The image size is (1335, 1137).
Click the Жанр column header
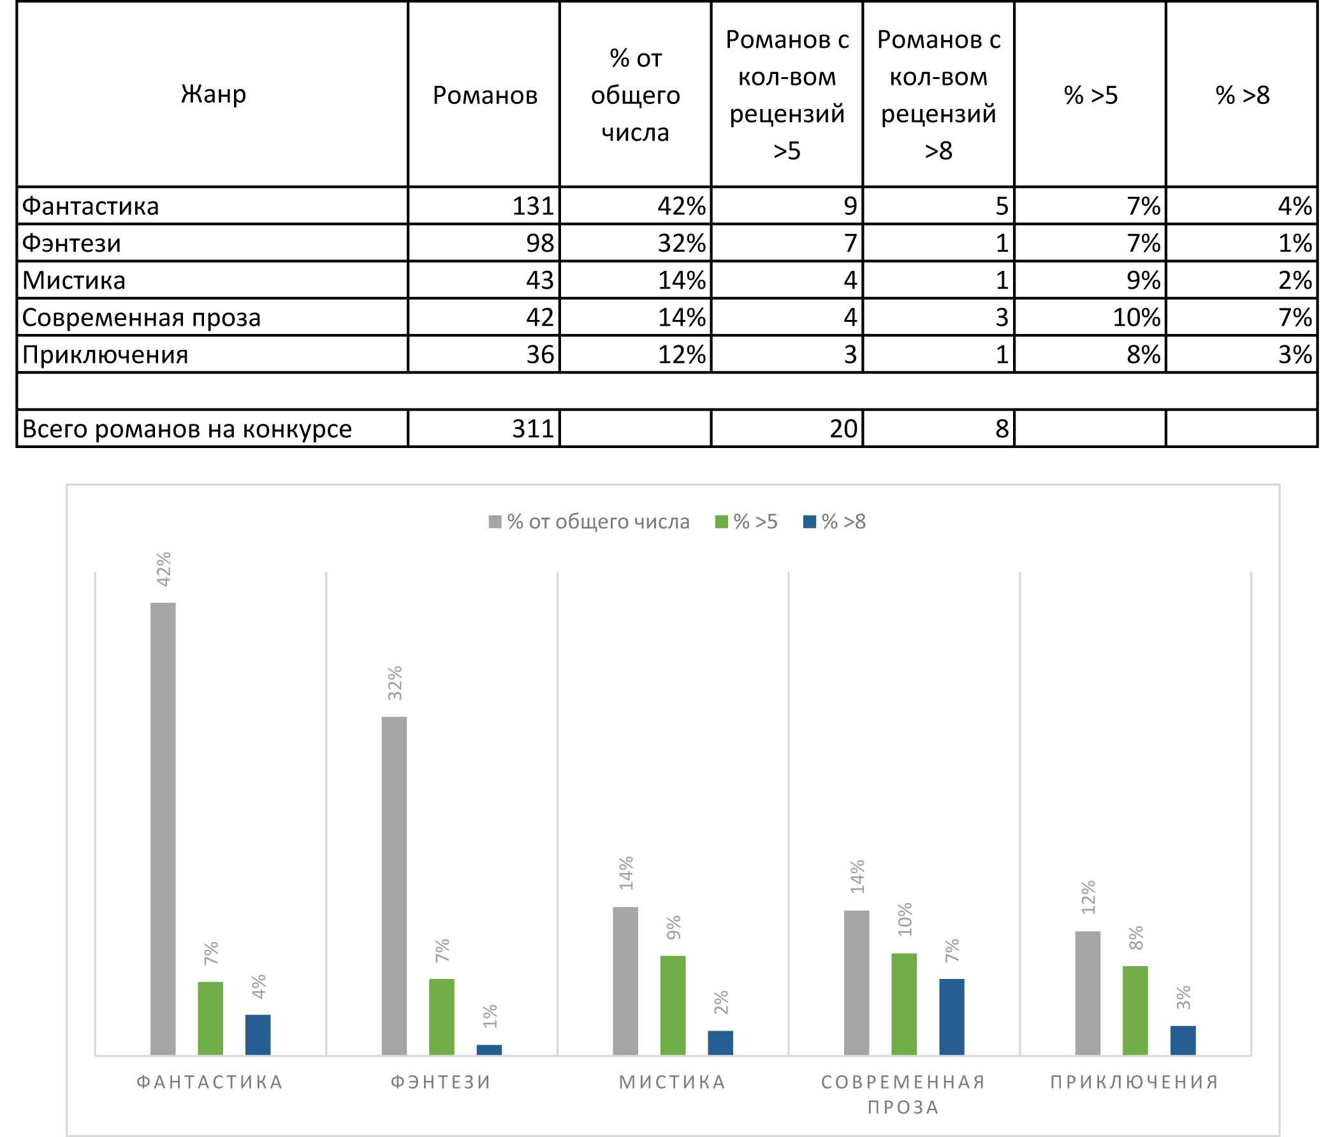click(214, 94)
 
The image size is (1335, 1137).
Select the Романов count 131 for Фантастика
click(533, 206)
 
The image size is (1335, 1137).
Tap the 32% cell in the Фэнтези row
click(681, 243)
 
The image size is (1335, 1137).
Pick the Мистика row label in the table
click(74, 281)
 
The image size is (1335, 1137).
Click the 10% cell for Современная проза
click(1137, 317)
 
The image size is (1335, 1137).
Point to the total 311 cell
click(533, 429)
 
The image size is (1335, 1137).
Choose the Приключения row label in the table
click(105, 355)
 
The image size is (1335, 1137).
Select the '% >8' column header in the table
click(1241, 96)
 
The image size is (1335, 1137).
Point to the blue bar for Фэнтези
click(489, 1050)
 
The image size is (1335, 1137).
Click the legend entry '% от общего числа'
click(589, 522)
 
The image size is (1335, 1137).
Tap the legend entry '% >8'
click(835, 522)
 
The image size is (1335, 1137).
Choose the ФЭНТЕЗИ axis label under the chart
click(441, 1082)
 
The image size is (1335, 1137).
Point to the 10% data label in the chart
click(905, 918)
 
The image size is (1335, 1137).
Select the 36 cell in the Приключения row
click(540, 355)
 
